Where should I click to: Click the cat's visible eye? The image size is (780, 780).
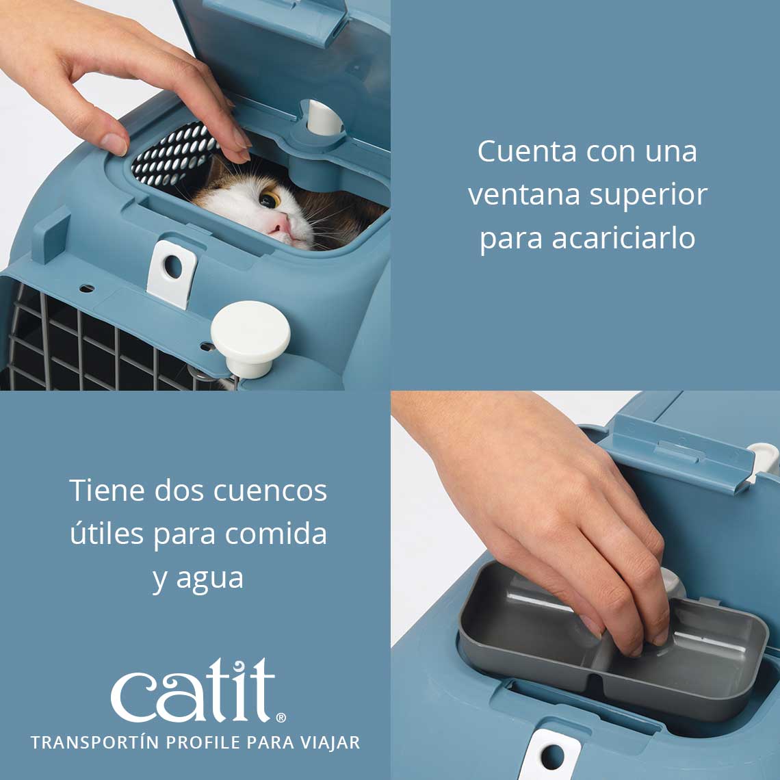pos(269,199)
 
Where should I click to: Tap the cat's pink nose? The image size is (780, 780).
pos(283,229)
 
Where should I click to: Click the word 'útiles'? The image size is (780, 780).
pos(106,534)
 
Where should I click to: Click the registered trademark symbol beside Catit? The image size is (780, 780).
pos(281,718)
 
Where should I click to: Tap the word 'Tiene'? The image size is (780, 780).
pos(107,491)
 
